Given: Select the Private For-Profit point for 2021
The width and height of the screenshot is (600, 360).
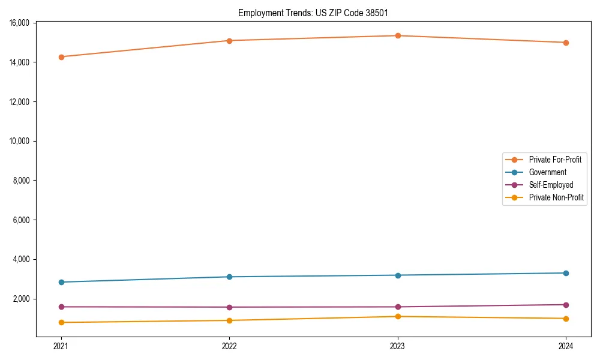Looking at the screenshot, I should (x=61, y=57).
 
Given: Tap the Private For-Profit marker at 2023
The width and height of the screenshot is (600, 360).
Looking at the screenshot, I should (x=398, y=35).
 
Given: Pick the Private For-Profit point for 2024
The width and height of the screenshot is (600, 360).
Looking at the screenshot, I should (x=566, y=43).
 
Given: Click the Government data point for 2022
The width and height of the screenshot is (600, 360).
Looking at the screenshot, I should (x=229, y=277).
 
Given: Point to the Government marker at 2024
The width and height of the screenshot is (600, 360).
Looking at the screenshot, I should (x=566, y=273).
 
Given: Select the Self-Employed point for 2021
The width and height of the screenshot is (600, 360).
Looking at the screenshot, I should (x=61, y=307).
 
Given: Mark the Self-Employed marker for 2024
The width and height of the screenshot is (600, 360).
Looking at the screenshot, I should (x=566, y=305).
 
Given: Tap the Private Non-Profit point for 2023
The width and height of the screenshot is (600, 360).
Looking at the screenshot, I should (x=398, y=316).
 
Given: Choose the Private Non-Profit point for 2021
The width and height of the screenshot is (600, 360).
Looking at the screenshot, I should (x=61, y=322).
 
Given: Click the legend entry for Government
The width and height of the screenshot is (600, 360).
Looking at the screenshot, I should (x=547, y=172).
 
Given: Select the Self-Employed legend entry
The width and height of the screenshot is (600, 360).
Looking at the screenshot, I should (x=551, y=185).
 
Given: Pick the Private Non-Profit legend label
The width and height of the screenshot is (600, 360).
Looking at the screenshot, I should (x=556, y=197).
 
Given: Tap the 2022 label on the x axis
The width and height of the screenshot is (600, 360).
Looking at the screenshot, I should (x=229, y=346).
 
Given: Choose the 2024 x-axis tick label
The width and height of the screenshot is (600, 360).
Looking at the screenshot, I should (x=566, y=346).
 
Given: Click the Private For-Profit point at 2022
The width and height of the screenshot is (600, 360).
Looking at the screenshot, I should (x=229, y=41).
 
